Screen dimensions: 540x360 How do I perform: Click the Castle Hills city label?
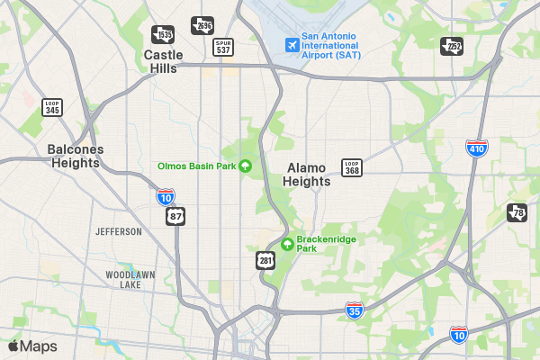tap(162, 61)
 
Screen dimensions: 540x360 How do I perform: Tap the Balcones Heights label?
tap(76, 157)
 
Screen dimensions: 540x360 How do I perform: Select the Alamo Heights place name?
tap(307, 175)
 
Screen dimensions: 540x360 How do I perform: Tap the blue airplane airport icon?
tap(291, 44)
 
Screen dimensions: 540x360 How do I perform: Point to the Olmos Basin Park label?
tap(196, 166)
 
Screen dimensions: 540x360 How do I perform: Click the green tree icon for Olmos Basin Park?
tap(245, 166)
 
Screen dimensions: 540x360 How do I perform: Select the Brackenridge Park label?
tap(320, 243)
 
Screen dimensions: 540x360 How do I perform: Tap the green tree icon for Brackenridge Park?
tap(287, 243)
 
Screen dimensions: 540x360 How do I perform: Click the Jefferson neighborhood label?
tap(119, 231)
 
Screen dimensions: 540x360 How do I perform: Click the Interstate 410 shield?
tap(477, 148)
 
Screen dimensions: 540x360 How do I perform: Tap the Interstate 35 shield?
tap(355, 310)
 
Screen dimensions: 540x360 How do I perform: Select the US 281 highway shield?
tap(264, 260)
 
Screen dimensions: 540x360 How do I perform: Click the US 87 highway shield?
tap(176, 217)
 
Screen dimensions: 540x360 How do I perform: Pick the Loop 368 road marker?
tap(352, 167)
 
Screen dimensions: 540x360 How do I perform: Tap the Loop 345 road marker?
tap(52, 107)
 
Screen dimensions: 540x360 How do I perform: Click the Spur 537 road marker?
tap(223, 47)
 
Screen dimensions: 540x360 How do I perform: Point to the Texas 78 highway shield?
tap(516, 213)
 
